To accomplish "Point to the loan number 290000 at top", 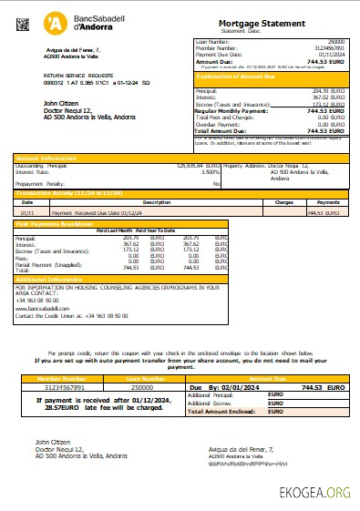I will (338, 41).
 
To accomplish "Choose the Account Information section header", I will (45, 158).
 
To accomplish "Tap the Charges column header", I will (283, 202).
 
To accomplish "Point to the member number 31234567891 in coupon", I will (60, 387).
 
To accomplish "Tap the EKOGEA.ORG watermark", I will (314, 493).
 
